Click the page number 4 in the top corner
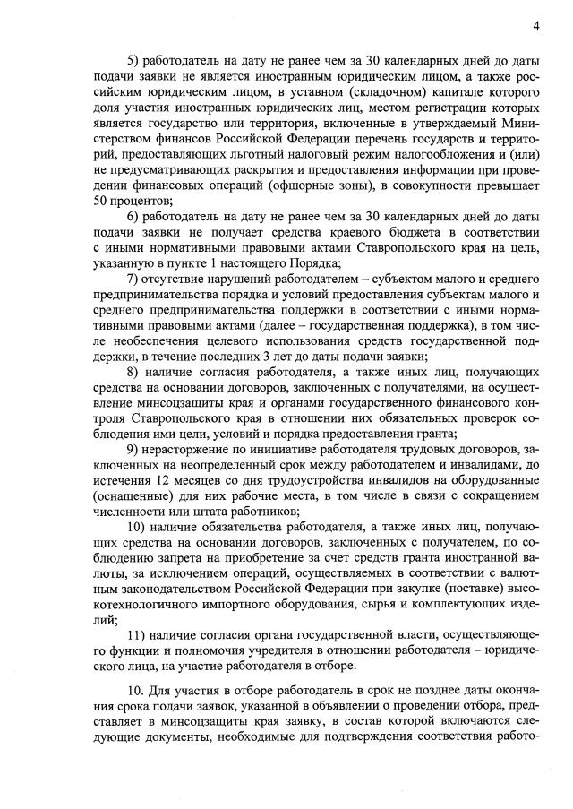pos(535,26)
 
